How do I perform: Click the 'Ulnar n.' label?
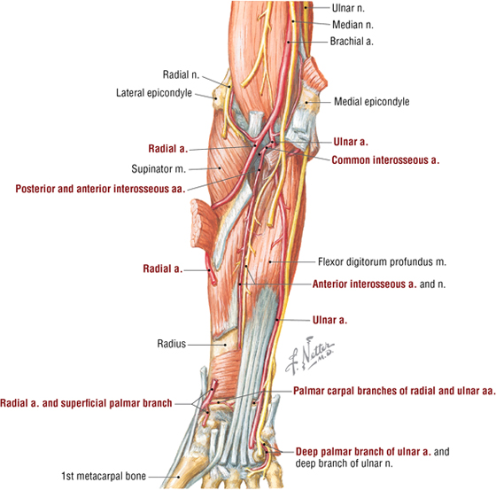[x=348, y=8]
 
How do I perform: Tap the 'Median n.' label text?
[x=353, y=25]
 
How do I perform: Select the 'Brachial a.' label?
[x=352, y=41]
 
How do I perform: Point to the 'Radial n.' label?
[x=181, y=74]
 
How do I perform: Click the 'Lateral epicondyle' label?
[x=154, y=93]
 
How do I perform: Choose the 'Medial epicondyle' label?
[x=372, y=102]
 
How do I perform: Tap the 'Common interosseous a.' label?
[x=385, y=160]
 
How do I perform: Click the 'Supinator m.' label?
[x=159, y=168]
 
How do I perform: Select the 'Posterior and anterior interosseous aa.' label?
[x=100, y=189]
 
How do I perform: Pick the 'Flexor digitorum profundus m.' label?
[x=382, y=261]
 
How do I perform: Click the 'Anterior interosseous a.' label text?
[x=364, y=284]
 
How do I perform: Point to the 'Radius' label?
[x=172, y=344]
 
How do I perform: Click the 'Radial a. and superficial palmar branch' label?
[x=86, y=403]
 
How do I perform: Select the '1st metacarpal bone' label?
[x=104, y=476]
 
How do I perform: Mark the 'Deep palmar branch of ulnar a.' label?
[x=363, y=451]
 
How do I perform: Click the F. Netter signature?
[x=309, y=355]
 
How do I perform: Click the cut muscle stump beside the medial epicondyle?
[x=314, y=74]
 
